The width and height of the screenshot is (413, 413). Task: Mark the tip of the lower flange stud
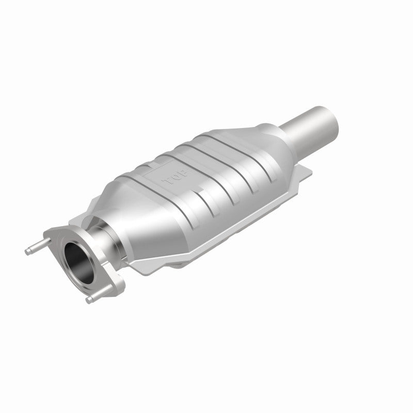[x=88, y=300]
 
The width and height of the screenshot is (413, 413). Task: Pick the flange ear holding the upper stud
[x=54, y=235]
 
